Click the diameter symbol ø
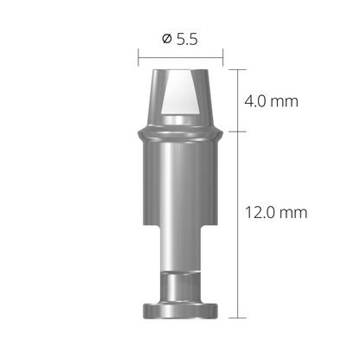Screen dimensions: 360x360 165,38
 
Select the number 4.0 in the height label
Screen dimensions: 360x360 257,101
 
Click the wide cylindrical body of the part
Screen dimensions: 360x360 180,186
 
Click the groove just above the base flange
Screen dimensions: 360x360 180,294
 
